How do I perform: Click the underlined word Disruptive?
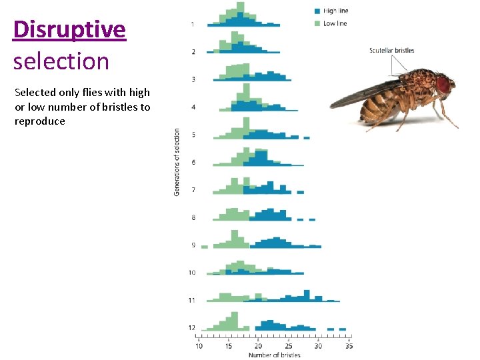pyautogui.click(x=69, y=30)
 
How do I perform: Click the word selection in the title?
pyautogui.click(x=61, y=61)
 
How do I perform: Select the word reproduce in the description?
pyautogui.click(x=40, y=121)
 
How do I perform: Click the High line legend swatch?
pyautogui.click(x=317, y=11)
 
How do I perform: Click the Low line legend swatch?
pyautogui.click(x=317, y=23)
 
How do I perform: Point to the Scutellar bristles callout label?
pyautogui.click(x=391, y=51)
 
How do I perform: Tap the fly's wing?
pyautogui.click(x=363, y=93)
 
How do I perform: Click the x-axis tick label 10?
pyautogui.click(x=199, y=346)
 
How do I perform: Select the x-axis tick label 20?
pyautogui.click(x=259, y=346)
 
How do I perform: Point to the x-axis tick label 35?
pyautogui.click(x=349, y=346)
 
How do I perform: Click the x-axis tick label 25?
pyautogui.click(x=289, y=346)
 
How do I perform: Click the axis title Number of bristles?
pyautogui.click(x=274, y=355)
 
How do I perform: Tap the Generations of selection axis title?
pyautogui.click(x=177, y=162)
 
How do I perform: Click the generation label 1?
pyautogui.click(x=193, y=24)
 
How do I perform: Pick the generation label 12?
pyautogui.click(x=192, y=328)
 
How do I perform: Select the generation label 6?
pyautogui.click(x=193, y=162)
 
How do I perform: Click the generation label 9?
pyautogui.click(x=193, y=245)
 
